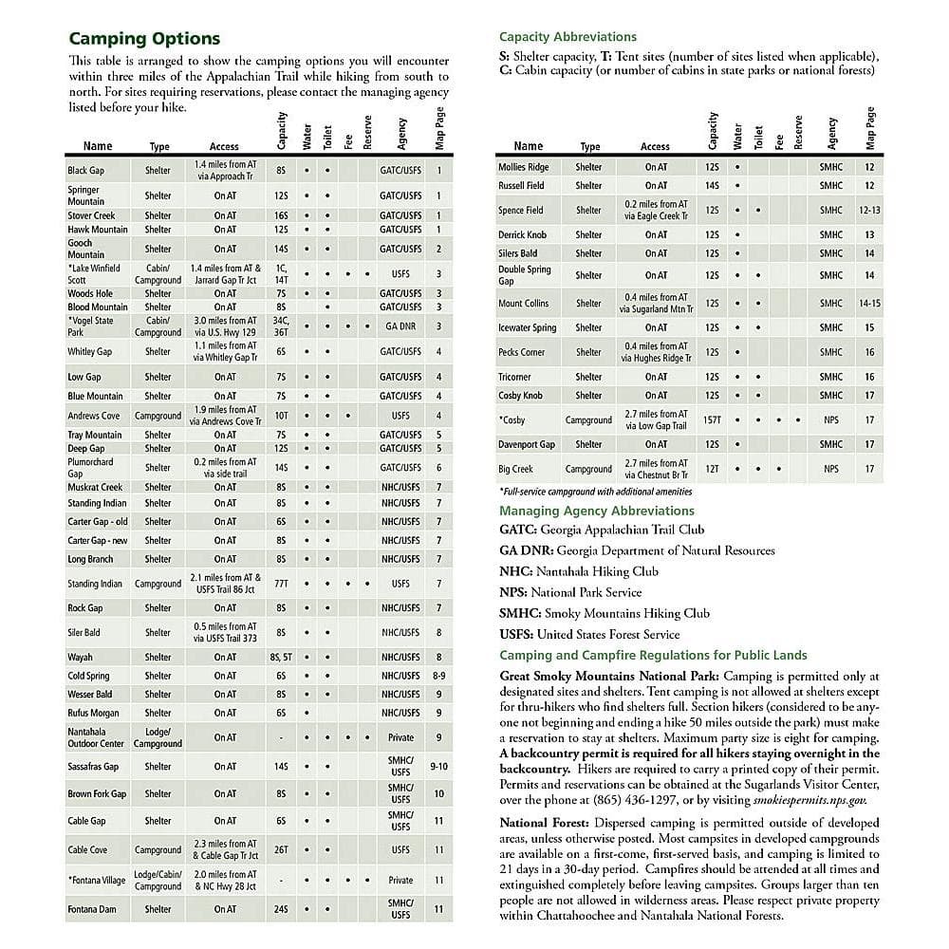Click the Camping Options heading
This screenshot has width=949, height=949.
[144, 39]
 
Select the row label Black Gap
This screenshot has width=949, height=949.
[85, 171]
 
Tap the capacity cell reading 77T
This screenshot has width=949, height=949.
[281, 584]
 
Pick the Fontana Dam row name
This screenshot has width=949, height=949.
[91, 909]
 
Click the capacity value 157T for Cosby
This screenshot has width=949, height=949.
[712, 419]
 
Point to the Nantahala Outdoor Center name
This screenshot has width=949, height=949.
[96, 737]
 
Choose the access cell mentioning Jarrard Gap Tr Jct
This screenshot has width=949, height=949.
[224, 274]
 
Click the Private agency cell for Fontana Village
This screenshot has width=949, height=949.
[400, 880]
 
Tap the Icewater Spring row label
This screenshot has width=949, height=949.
[527, 328]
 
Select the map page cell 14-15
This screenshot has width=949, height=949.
[868, 304]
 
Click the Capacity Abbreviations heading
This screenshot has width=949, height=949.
[568, 37]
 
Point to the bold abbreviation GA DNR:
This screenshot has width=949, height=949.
[527, 550]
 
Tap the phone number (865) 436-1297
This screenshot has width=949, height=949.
[631, 800]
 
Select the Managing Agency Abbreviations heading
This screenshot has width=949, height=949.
[597, 511]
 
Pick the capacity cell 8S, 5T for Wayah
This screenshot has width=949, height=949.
[281, 657]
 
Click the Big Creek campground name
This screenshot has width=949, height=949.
[515, 469]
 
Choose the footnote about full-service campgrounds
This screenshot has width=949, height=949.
[595, 492]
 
